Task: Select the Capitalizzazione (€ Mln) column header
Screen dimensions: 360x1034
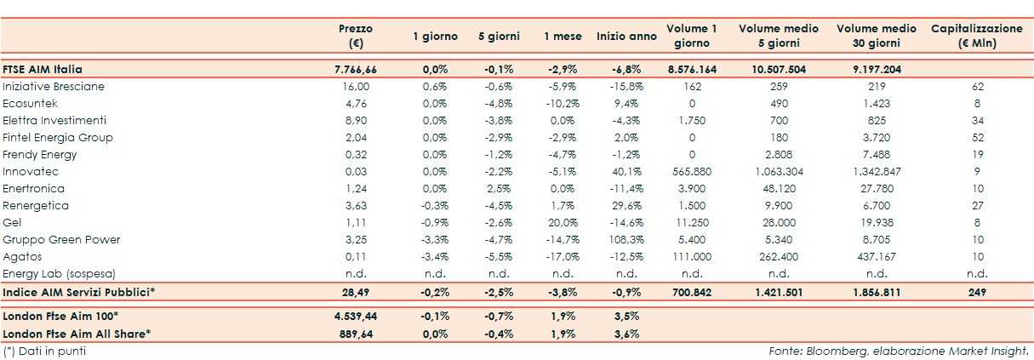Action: click(977, 36)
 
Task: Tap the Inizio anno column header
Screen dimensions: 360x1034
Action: click(626, 36)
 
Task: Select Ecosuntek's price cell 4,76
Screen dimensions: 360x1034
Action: click(356, 103)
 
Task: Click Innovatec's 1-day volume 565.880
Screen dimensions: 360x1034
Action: click(691, 171)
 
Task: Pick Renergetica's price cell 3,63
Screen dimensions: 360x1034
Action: click(356, 205)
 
